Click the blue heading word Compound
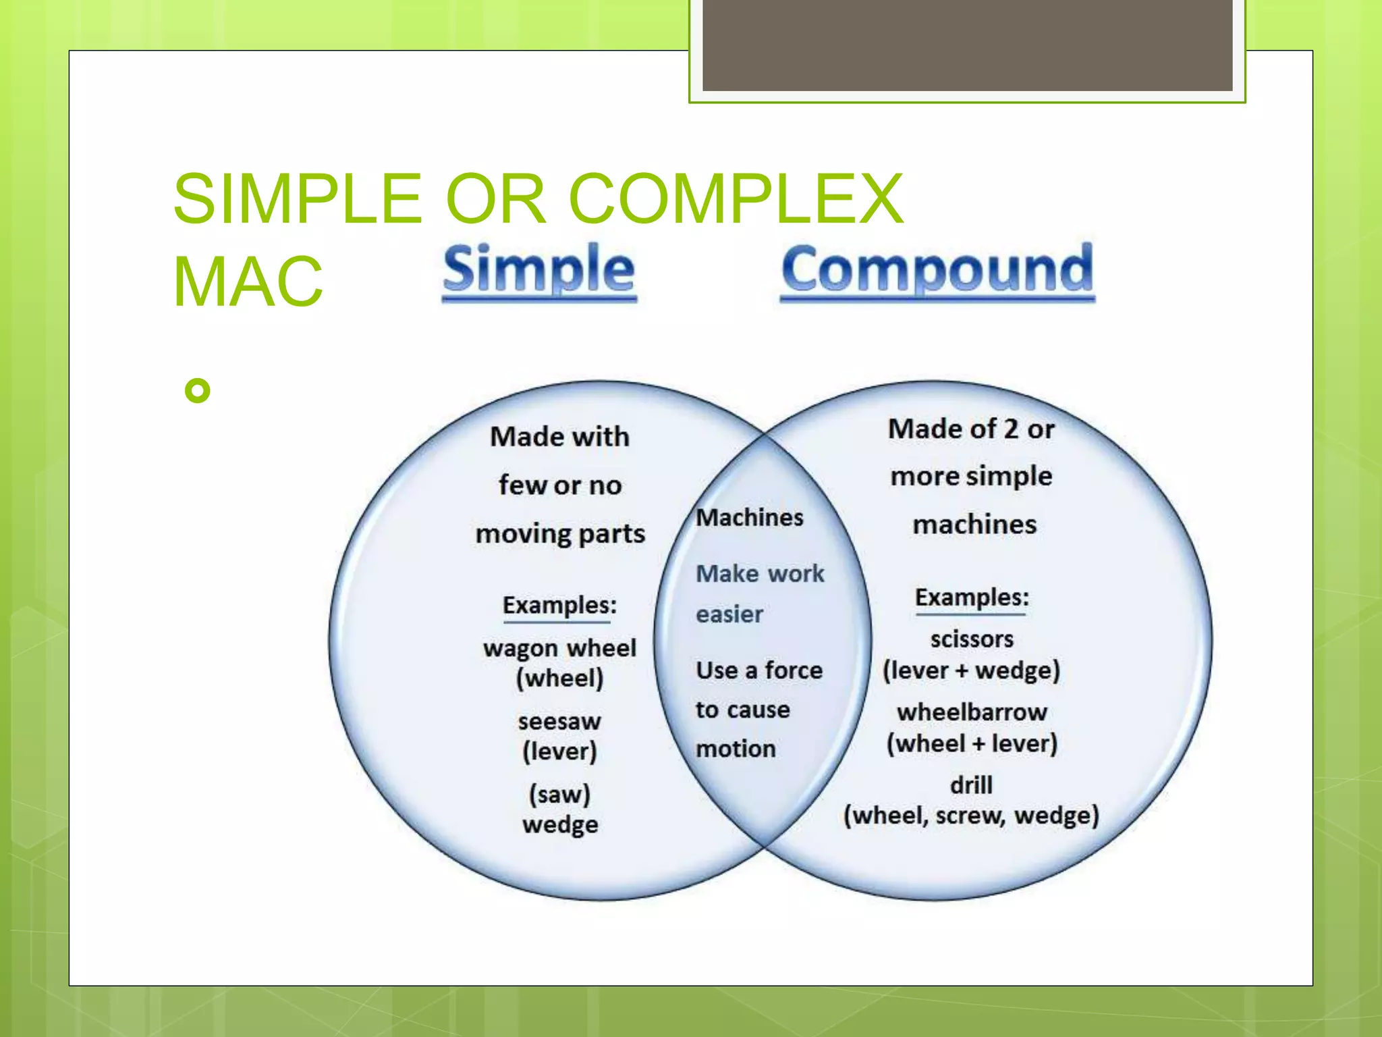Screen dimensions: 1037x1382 tap(937, 270)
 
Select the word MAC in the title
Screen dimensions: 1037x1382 tap(248, 282)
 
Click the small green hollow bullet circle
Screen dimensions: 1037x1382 tap(197, 390)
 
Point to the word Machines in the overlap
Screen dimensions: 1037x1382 tap(749, 518)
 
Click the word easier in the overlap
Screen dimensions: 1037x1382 tap(729, 614)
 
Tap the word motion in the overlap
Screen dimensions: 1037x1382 tap(736, 749)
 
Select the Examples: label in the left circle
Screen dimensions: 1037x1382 tap(559, 605)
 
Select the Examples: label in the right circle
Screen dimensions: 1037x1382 tap(971, 597)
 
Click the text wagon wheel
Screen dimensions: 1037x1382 tap(559, 648)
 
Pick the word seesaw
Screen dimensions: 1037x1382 tap(559, 721)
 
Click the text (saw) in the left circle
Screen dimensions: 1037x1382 tap(559, 794)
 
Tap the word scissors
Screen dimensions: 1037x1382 tap(971, 639)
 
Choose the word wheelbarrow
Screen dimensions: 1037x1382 tap(972, 712)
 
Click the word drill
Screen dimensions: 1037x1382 tap(971, 785)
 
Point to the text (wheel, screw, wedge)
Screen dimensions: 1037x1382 tap(971, 816)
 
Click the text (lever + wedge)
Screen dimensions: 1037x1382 tap(971, 670)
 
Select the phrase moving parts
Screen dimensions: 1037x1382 tap(560, 534)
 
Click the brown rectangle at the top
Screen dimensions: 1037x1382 tap(967, 45)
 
